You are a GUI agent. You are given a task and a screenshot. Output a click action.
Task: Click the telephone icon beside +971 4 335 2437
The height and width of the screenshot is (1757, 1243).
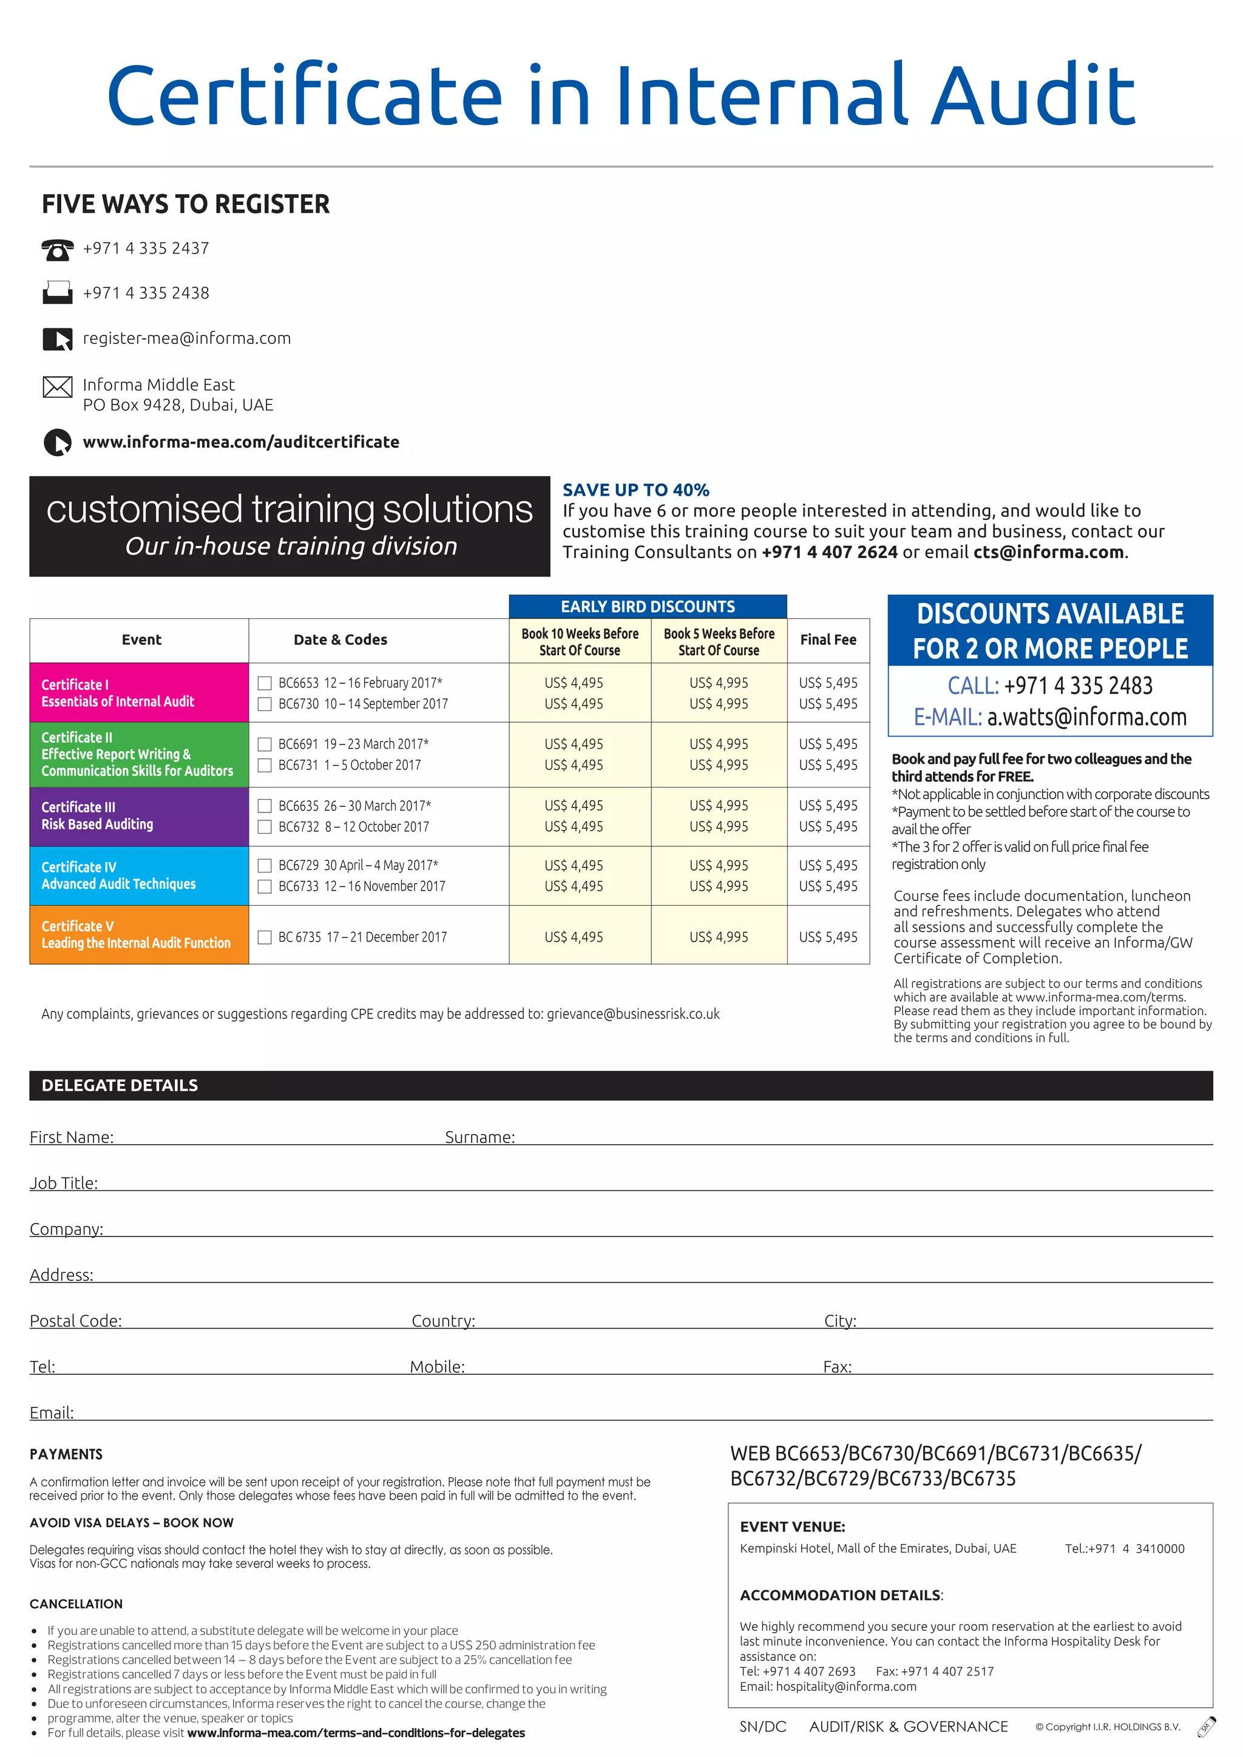(x=58, y=249)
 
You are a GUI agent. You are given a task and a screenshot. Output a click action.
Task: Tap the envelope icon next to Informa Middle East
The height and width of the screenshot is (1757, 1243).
(x=58, y=387)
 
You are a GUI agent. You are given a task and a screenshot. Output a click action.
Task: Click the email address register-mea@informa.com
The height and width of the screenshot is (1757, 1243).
(x=187, y=339)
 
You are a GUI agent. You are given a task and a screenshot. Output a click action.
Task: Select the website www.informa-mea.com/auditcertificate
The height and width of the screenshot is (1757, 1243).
(x=241, y=442)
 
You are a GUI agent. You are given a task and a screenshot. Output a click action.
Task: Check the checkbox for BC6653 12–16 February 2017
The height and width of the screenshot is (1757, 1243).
(x=265, y=683)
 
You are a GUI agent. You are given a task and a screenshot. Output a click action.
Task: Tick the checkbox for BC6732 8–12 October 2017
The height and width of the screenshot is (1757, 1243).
(x=265, y=827)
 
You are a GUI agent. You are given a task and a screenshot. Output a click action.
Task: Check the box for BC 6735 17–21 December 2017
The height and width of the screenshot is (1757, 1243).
(x=265, y=937)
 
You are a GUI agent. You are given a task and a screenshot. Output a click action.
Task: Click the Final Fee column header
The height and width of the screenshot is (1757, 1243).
(x=828, y=639)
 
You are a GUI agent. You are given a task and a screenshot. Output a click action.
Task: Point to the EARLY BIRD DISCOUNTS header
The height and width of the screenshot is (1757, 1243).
(x=648, y=607)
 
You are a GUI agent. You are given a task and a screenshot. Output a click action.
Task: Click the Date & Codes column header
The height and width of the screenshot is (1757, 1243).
(x=340, y=639)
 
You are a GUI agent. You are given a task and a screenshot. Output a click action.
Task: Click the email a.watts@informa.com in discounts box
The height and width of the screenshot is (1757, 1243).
(x=1087, y=717)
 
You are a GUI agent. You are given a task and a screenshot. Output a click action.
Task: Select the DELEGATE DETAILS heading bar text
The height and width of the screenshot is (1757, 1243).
(x=120, y=1085)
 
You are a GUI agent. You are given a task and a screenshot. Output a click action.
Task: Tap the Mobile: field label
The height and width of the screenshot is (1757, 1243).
(x=437, y=1367)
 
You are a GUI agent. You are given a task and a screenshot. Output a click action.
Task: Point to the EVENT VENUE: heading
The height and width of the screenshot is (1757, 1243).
(x=792, y=1526)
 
